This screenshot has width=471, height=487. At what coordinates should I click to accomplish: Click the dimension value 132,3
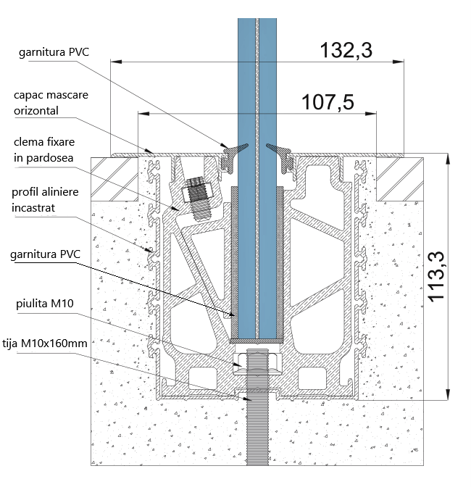[346, 50]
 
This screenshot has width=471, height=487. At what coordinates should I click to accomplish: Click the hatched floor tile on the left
[114, 178]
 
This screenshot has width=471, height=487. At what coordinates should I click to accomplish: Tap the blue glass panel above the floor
[258, 72]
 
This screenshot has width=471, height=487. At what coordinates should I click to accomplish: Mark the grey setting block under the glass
[258, 339]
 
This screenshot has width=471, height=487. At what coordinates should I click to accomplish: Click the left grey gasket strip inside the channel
[233, 261]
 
